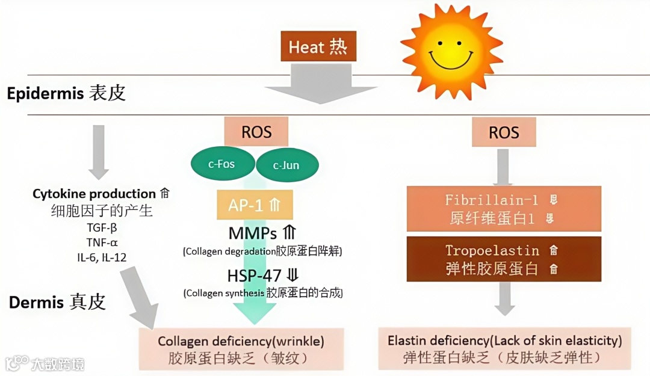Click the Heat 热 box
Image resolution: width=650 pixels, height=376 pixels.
pos(318,47)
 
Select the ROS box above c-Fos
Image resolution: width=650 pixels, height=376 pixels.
pos(256,132)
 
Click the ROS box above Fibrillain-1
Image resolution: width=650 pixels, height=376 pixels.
pos(504,132)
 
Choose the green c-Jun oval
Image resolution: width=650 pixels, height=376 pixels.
pos(286,165)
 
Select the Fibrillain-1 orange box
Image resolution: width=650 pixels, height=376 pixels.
pos(504,208)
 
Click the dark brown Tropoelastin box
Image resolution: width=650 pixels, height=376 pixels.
pos(504,259)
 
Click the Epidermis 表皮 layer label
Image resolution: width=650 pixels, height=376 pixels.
pos(66,94)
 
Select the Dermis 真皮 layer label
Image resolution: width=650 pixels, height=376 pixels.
pos(57,301)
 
